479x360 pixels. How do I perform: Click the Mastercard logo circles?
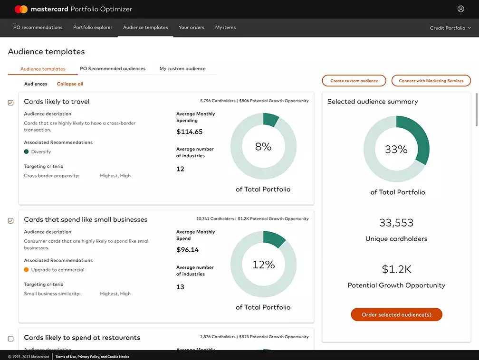21,9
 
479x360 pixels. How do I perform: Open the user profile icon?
460,9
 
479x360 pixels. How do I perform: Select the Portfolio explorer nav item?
93,28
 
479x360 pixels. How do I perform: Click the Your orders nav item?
192,28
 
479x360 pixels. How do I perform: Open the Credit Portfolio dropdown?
450,28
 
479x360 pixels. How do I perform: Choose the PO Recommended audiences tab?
113,69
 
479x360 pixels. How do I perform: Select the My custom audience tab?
182,69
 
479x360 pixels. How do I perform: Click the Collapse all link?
70,84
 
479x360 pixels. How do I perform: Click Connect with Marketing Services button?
431,81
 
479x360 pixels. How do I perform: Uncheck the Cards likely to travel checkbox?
11,103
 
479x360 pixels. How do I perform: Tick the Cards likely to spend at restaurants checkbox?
11,339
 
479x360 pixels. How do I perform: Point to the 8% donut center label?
263,147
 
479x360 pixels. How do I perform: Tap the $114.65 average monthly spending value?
189,132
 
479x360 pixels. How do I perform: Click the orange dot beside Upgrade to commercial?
27,270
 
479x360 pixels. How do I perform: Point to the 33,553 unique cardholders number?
396,223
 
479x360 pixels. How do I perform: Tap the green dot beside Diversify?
27,152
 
